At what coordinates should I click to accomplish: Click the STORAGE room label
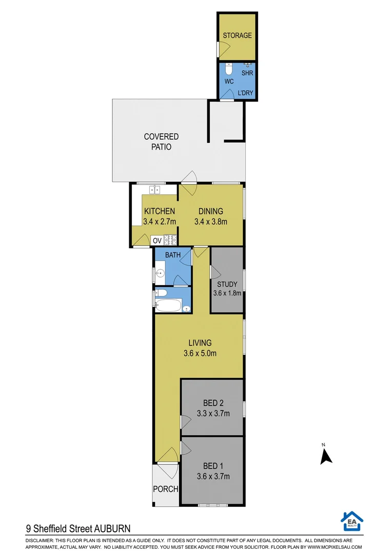click(x=237, y=35)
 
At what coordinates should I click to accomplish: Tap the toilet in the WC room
click(x=229, y=68)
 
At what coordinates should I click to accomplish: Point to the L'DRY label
click(x=245, y=93)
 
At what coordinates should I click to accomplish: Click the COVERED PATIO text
click(x=161, y=141)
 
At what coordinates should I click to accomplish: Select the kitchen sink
click(x=154, y=190)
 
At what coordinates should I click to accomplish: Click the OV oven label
click(x=157, y=240)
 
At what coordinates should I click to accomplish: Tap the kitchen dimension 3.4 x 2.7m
click(x=160, y=221)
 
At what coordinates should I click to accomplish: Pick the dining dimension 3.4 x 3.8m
click(x=211, y=221)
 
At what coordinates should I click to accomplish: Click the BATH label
click(x=172, y=255)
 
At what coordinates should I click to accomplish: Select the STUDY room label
click(x=227, y=284)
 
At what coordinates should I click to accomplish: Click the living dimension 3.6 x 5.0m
click(x=200, y=353)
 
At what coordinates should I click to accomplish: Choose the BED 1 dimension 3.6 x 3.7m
click(x=213, y=476)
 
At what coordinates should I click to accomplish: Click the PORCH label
click(x=166, y=489)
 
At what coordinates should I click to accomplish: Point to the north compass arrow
click(x=324, y=456)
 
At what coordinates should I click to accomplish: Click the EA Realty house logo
click(x=351, y=521)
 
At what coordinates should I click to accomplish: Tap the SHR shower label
click(x=247, y=73)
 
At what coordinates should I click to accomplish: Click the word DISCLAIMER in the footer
click(x=38, y=541)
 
